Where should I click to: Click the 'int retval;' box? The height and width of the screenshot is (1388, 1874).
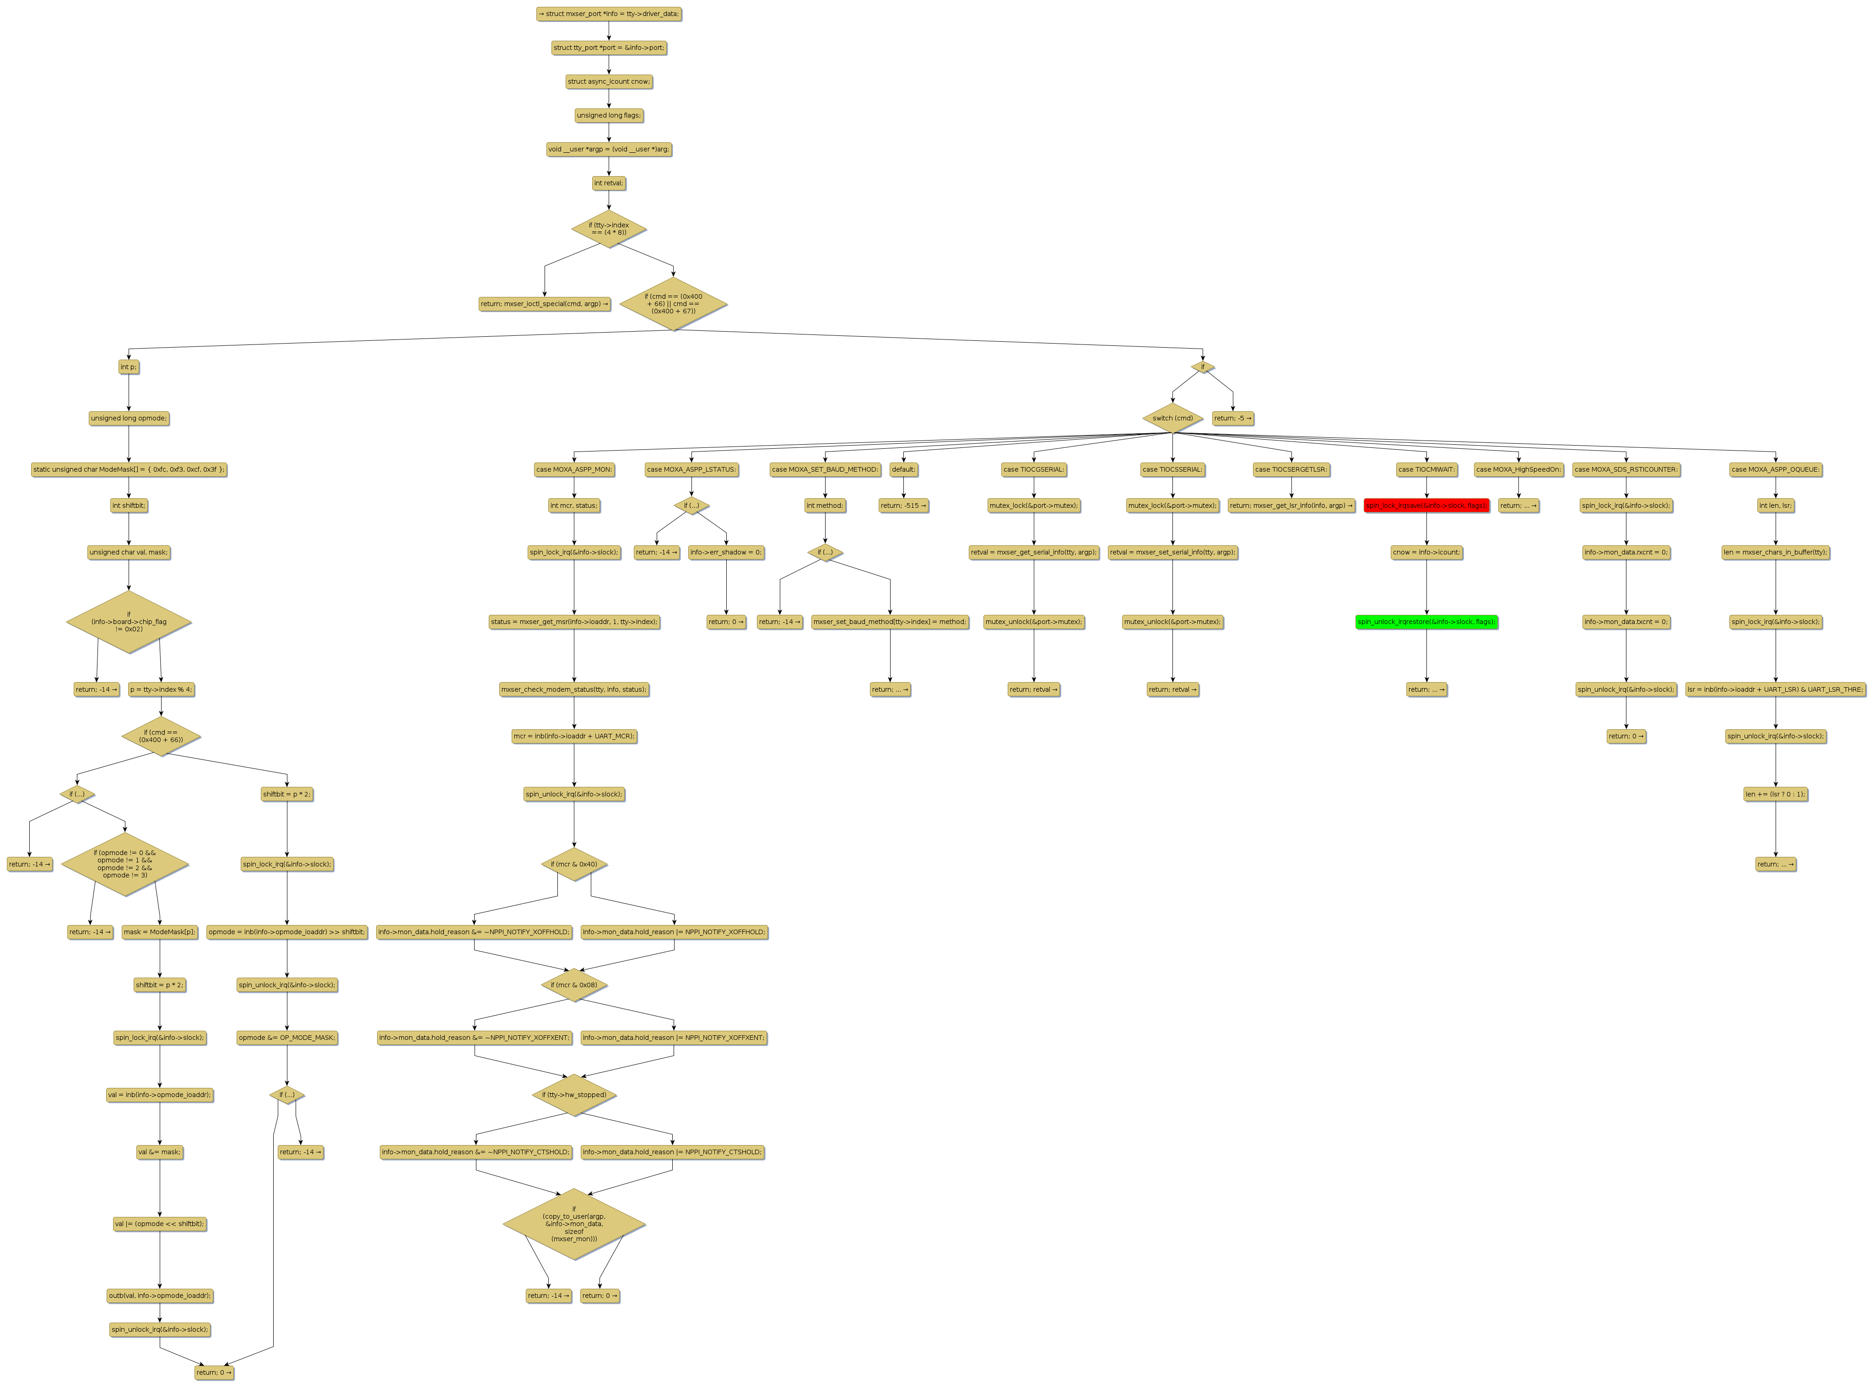608,183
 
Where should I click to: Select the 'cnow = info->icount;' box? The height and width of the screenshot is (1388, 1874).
1426,553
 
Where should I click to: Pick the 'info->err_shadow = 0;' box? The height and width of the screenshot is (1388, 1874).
726,553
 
